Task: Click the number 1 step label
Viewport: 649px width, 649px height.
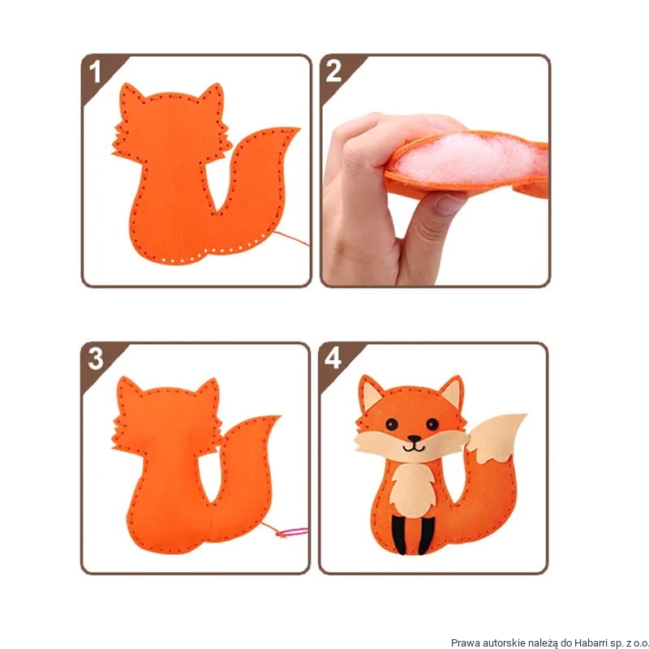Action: coord(95,71)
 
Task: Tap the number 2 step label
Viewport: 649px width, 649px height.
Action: coord(333,71)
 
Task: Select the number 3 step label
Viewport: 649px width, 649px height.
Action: coord(96,359)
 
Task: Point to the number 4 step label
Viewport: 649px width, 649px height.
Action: coord(333,358)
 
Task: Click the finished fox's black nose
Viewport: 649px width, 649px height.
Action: coord(414,439)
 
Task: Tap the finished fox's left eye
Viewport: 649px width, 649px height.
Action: coord(392,424)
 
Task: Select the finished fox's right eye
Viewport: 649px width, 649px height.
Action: coord(432,424)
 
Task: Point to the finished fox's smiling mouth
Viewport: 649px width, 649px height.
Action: coord(414,448)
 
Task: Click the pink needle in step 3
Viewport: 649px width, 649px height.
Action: coord(293,532)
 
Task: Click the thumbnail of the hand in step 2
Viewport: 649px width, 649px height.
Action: coord(449,204)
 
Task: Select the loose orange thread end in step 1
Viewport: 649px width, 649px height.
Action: coord(291,239)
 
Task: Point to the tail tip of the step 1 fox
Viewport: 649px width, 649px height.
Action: coord(298,130)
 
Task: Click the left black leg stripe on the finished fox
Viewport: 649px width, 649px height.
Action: coord(398,535)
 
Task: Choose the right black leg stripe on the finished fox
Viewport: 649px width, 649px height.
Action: coord(426,535)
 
